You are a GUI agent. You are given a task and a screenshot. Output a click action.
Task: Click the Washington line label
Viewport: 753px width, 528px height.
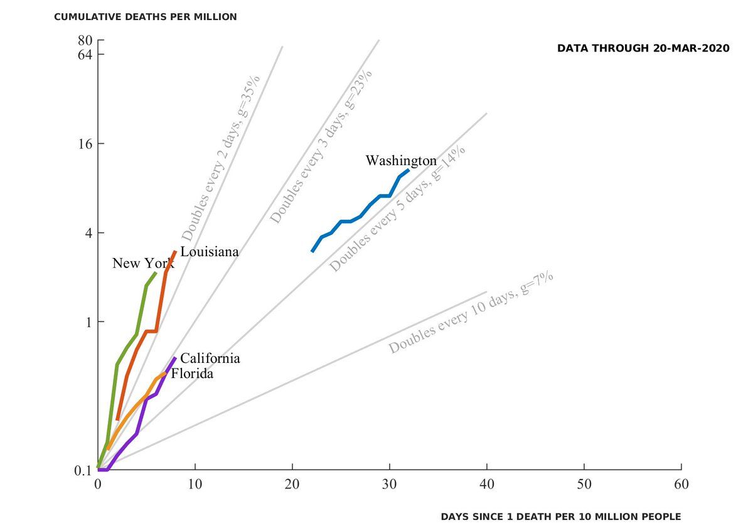click(401, 161)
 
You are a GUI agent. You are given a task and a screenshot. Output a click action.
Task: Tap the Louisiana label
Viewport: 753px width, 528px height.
click(210, 252)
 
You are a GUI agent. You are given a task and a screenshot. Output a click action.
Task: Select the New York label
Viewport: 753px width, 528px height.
click(143, 264)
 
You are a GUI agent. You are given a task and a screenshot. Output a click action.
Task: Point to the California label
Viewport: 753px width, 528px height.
click(210, 358)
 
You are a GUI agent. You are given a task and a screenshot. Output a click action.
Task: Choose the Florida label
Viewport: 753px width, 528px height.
click(192, 374)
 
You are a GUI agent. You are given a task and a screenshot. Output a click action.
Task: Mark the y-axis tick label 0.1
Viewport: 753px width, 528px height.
click(84, 470)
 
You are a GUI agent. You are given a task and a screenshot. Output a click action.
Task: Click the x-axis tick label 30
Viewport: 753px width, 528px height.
click(390, 485)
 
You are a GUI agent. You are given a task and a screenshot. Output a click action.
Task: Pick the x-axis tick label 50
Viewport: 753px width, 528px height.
click(584, 485)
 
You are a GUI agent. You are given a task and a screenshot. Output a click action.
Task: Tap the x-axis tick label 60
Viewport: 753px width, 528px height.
click(681, 485)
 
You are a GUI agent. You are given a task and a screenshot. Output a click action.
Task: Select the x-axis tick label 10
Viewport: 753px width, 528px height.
click(195, 485)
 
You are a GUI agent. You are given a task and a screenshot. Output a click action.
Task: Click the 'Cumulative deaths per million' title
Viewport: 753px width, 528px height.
click(146, 17)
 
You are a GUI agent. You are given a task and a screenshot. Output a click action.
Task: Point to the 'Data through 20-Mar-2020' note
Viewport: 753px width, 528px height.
click(643, 48)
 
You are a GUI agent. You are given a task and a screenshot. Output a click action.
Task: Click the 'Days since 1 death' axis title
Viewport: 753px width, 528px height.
click(560, 517)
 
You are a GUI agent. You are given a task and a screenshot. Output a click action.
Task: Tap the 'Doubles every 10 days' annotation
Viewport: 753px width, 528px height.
click(471, 313)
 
